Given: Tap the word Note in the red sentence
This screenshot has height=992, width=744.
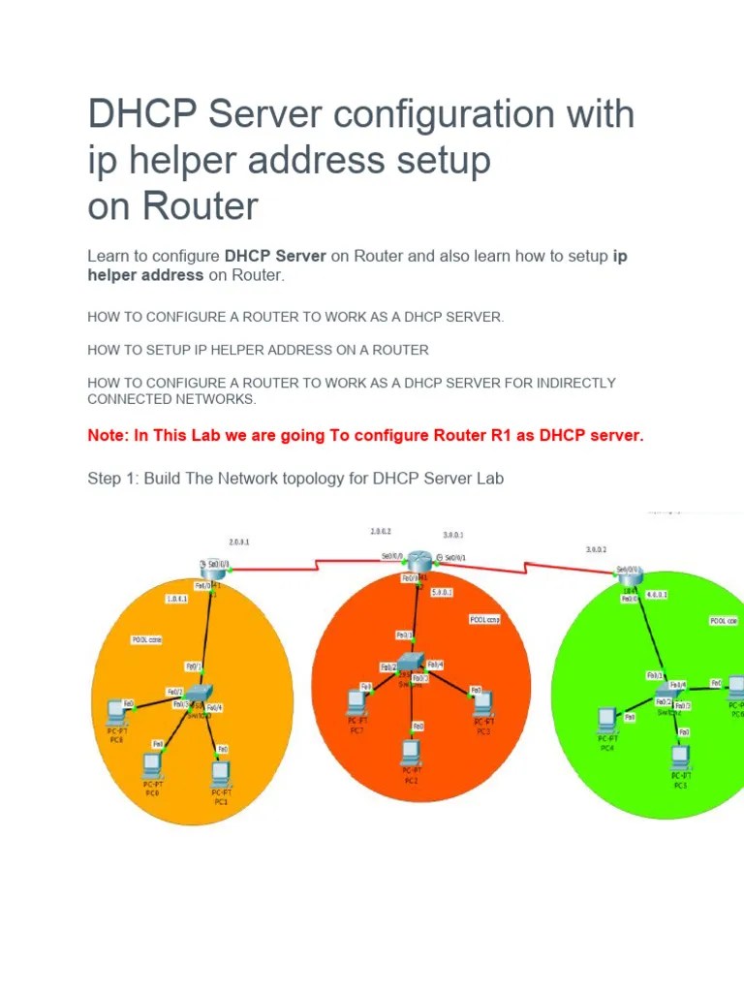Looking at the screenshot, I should pos(107,436).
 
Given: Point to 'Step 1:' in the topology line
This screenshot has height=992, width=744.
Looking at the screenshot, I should pos(113,479).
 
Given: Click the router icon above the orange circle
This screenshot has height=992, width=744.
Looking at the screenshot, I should pos(418,561).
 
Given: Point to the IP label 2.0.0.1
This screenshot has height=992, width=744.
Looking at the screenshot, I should pos(239,542).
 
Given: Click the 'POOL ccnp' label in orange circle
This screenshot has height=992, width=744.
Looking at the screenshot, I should pos(484,618).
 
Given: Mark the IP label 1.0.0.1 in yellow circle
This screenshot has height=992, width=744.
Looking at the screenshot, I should pos(177,600).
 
